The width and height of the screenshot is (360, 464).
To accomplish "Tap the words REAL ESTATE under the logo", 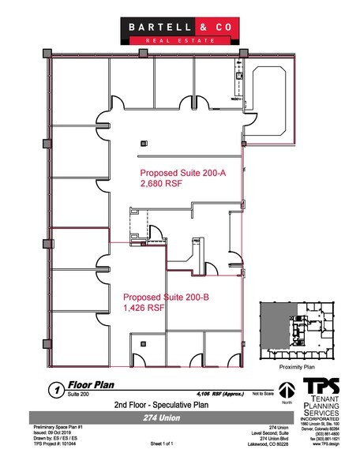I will [179, 39].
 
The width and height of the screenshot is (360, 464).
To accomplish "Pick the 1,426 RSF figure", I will [142, 310].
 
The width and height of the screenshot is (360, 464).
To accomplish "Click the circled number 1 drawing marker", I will [56, 389].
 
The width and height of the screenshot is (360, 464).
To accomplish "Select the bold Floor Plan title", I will [89, 387].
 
